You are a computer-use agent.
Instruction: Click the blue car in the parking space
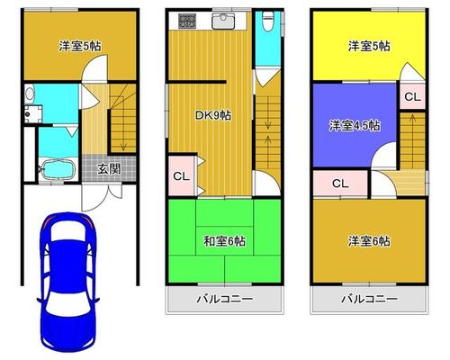pyautogui.click(x=67, y=282)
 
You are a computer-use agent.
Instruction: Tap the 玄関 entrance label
pyautogui.click(x=109, y=169)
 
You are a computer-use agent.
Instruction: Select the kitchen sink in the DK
pyautogui.click(x=223, y=22)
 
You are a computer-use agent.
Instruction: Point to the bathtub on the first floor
pyautogui.click(x=58, y=169)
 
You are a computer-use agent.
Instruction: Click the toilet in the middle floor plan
pyautogui.click(x=267, y=21)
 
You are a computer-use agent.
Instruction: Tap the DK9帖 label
pyautogui.click(x=213, y=115)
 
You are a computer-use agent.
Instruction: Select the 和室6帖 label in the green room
pyautogui.click(x=225, y=241)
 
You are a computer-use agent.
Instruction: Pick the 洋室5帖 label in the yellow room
pyautogui.click(x=369, y=47)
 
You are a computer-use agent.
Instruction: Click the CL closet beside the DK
pyautogui.click(x=182, y=176)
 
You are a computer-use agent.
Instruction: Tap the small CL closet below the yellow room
pyautogui.click(x=413, y=96)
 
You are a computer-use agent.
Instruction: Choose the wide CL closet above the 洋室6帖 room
pyautogui.click(x=340, y=183)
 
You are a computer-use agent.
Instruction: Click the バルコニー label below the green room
pyautogui.click(x=225, y=299)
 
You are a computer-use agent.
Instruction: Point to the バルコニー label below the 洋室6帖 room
pyautogui.click(x=370, y=299)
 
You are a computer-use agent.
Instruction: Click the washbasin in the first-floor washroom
pyautogui.click(x=30, y=94)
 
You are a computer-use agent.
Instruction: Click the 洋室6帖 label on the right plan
pyautogui.click(x=369, y=241)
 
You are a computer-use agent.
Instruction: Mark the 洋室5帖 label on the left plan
pyautogui.click(x=80, y=47)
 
